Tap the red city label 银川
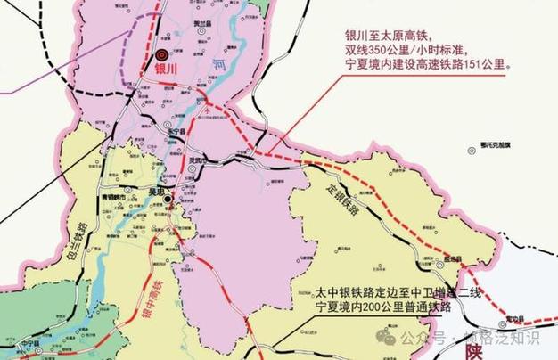pyautogui.click(x=166, y=68)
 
